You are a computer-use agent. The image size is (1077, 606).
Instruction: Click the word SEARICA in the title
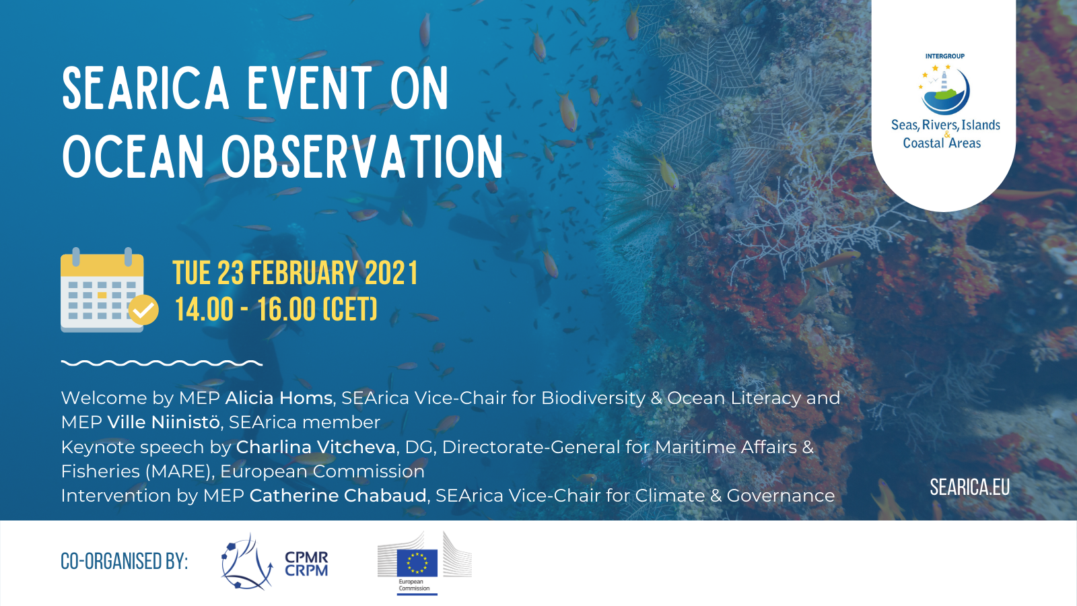(x=145, y=88)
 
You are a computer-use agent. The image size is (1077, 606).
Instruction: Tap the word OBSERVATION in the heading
(x=362, y=156)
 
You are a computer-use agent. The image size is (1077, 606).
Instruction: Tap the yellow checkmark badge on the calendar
(x=143, y=310)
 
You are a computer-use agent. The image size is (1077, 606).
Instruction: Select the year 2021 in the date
(x=391, y=273)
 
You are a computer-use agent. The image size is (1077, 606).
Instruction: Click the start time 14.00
(x=204, y=309)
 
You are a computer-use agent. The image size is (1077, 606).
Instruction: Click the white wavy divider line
(x=162, y=363)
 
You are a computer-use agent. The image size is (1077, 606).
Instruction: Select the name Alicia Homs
(x=279, y=398)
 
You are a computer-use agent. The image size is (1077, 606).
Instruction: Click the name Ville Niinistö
(x=164, y=422)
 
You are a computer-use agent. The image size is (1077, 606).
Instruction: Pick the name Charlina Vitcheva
(x=316, y=447)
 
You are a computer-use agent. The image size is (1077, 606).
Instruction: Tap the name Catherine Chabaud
(x=338, y=496)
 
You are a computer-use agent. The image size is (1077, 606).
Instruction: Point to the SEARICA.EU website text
(x=969, y=487)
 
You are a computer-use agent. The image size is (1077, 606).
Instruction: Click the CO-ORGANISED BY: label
(x=124, y=562)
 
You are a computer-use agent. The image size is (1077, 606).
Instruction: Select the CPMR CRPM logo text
(x=306, y=564)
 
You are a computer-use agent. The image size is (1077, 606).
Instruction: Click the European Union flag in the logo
(x=417, y=563)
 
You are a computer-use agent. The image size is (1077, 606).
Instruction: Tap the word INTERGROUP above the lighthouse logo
(x=945, y=57)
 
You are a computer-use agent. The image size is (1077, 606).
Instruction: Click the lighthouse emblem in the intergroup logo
(x=944, y=90)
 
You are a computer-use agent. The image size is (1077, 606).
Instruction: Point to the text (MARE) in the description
(x=179, y=472)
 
